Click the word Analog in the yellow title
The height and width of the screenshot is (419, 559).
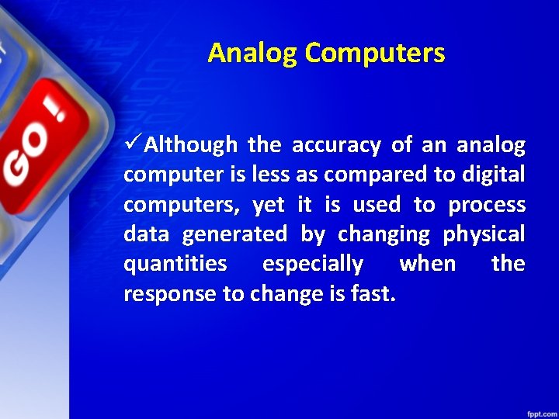253,54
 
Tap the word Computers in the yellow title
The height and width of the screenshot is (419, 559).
375,54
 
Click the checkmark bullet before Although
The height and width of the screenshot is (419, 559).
133,144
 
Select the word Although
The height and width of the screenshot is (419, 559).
191,145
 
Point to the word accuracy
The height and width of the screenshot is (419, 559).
336,145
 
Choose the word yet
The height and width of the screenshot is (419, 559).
269,205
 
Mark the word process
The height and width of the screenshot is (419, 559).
488,206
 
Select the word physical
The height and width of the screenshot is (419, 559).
484,234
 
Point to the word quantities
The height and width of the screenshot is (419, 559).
175,264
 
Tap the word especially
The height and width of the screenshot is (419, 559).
313,265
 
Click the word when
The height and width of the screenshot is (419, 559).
427,264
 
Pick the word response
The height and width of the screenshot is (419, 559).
165,294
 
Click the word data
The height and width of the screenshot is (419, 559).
145,234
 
